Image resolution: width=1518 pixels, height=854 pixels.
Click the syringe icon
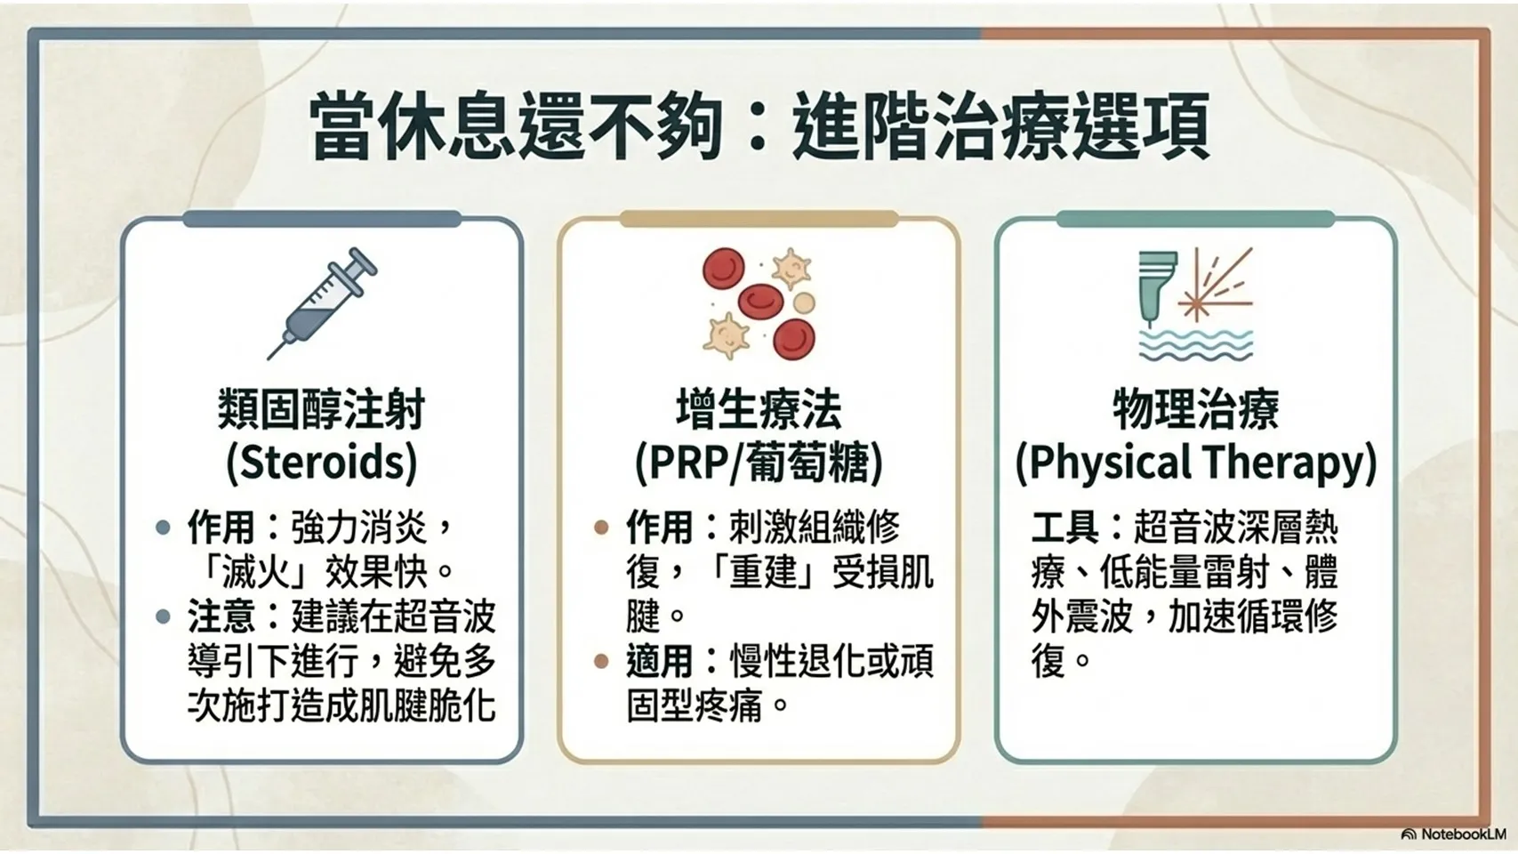(x=322, y=302)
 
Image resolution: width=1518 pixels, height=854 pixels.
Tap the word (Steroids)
(x=321, y=463)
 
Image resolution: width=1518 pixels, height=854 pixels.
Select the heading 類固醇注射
(x=321, y=409)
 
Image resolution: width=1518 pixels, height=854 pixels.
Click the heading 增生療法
(x=759, y=409)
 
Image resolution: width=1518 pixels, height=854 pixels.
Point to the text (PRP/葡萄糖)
(x=759, y=463)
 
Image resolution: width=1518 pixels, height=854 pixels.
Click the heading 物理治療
(x=1196, y=409)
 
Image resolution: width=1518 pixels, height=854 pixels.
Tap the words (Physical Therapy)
(x=1196, y=463)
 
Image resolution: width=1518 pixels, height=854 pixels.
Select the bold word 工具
(x=1064, y=528)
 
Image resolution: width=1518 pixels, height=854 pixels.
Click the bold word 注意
(x=221, y=616)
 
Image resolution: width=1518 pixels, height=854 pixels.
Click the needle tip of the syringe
(x=269, y=358)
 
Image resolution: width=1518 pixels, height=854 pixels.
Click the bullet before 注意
(x=163, y=616)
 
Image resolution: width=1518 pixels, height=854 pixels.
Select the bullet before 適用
(x=600, y=662)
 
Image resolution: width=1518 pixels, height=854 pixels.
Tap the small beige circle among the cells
(x=805, y=302)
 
